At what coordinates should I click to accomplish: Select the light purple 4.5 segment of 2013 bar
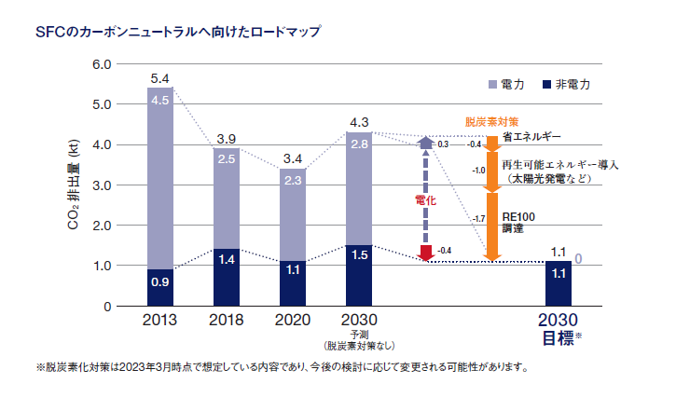click(159, 177)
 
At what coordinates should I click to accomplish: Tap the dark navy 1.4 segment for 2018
click(227, 277)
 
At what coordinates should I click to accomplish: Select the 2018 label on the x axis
click(227, 320)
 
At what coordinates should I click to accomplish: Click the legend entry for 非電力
click(572, 83)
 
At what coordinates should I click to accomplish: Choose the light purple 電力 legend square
click(493, 83)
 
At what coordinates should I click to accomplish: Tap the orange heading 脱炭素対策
click(491, 122)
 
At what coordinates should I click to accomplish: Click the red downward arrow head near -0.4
click(426, 253)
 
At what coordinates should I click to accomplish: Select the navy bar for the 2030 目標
click(559, 283)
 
